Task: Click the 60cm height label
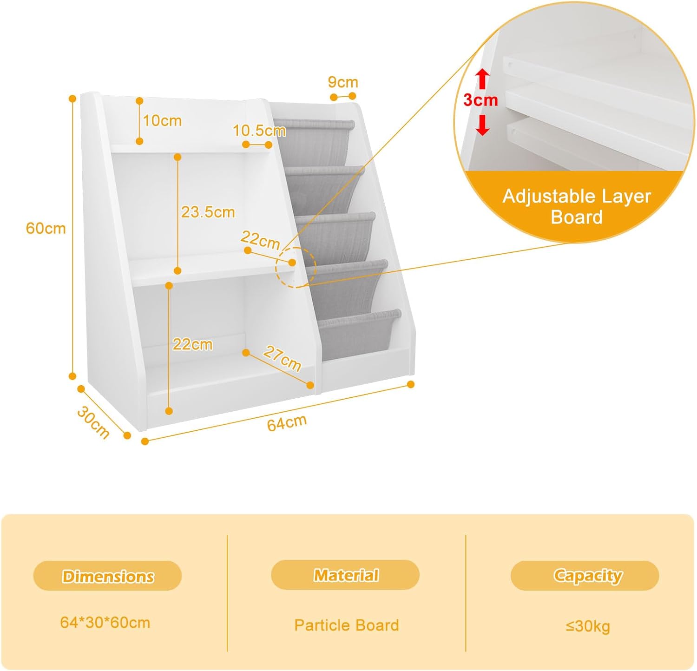point(46,228)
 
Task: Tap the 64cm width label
point(287,423)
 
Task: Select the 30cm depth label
point(93,422)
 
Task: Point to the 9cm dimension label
point(343,82)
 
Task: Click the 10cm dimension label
point(162,121)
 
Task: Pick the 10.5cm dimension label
point(259,131)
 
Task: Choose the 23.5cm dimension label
point(208,212)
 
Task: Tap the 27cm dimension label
point(282,359)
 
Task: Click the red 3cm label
point(480,100)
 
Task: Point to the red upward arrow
point(483,79)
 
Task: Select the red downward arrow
point(483,125)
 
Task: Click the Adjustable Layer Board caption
point(576,206)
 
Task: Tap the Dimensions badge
point(107,576)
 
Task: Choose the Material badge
point(345,575)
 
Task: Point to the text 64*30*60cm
point(105,622)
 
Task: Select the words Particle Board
point(346,625)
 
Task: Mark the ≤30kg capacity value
point(587,626)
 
